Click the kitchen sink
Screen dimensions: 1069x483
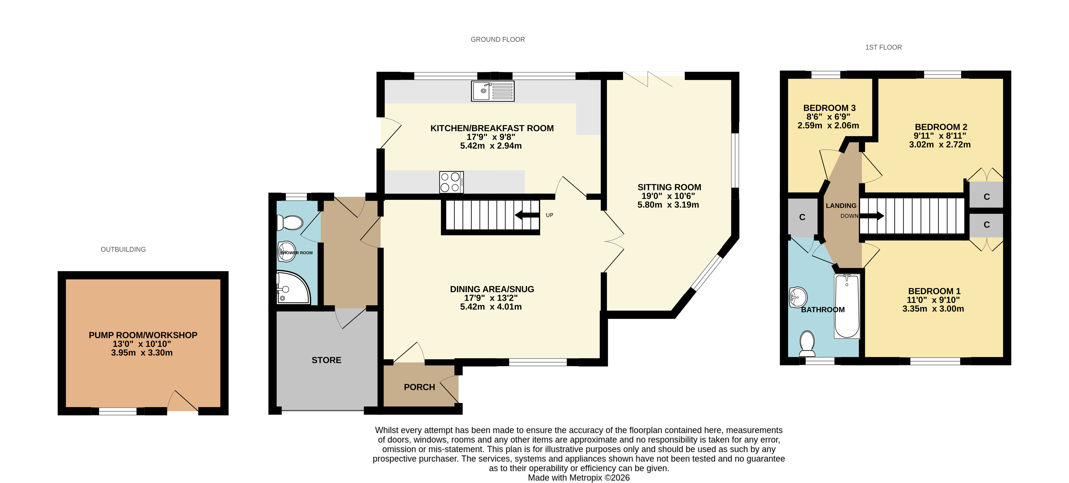pyautogui.click(x=493, y=91)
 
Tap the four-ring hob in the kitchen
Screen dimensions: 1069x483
pyautogui.click(x=452, y=182)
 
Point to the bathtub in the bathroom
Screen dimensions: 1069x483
pyautogui.click(x=847, y=306)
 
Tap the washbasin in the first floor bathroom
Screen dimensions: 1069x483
pyautogui.click(x=798, y=297)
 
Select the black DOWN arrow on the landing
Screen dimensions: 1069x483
pyautogui.click(x=872, y=216)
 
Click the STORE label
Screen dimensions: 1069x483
pyautogui.click(x=327, y=360)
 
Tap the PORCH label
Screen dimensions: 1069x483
pyautogui.click(x=420, y=387)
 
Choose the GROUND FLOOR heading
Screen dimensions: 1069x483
pyautogui.click(x=497, y=39)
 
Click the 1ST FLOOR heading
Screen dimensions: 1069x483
pyautogui.click(x=884, y=47)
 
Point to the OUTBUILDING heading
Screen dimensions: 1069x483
pyautogui.click(x=123, y=250)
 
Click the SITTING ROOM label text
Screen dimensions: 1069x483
pyautogui.click(x=669, y=187)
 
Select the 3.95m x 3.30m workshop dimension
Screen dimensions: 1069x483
pyautogui.click(x=142, y=353)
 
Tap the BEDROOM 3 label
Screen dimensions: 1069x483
pyautogui.click(x=829, y=108)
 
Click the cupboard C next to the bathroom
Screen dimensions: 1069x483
pyautogui.click(x=802, y=217)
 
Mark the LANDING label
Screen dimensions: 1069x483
pyautogui.click(x=841, y=205)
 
